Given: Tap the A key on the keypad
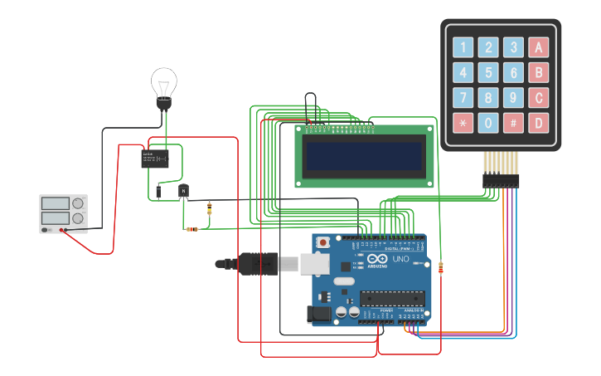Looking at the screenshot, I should [x=540, y=47].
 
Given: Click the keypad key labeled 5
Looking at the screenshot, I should [x=489, y=73].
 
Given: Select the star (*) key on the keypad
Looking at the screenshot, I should [x=463, y=124].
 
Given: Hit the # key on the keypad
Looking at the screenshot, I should [x=514, y=124].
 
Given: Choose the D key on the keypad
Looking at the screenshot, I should [x=540, y=124].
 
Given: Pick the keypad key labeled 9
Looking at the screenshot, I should [x=514, y=99].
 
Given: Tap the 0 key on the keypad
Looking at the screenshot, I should [x=489, y=124].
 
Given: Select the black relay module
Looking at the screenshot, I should [x=155, y=158].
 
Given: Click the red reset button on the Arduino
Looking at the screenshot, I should [x=323, y=242].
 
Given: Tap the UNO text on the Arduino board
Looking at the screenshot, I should [x=400, y=260].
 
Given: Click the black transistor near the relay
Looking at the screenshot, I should [x=183, y=192].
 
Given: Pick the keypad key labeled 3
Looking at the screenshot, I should [x=514, y=47].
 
